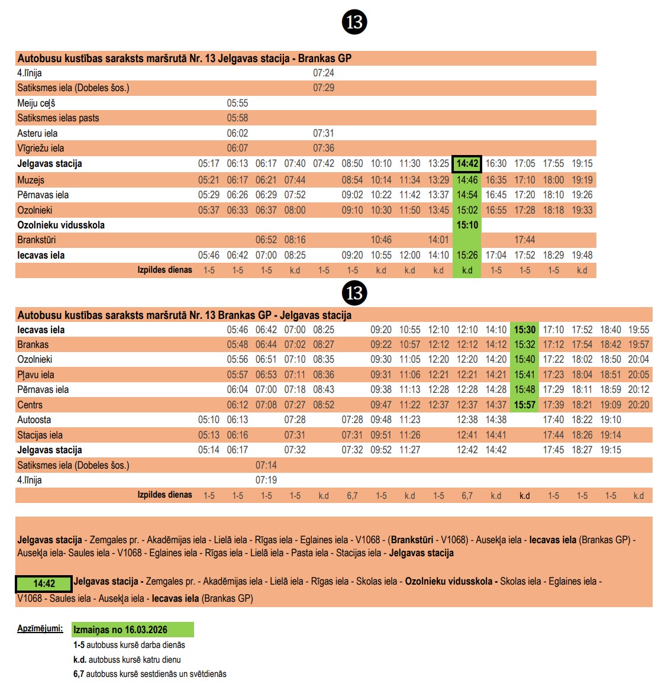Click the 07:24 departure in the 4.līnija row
tap(324, 73)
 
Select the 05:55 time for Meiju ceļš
tap(237, 103)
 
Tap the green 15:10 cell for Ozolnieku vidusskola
tap(467, 225)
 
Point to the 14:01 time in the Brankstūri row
tap(438, 240)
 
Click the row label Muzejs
tap(31, 180)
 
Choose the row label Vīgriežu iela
tap(41, 148)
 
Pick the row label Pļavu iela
tap(36, 375)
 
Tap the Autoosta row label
tap(34, 420)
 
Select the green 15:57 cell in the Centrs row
tap(524, 405)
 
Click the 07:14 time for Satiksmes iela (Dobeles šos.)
tap(266, 465)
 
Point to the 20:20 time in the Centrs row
tap(638, 405)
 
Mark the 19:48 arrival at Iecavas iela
tap(582, 255)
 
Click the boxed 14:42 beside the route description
tap(44, 584)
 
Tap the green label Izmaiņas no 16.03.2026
tap(133, 630)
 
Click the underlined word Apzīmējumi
tap(40, 628)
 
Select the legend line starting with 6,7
tap(150, 673)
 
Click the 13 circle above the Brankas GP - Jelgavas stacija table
tap(354, 293)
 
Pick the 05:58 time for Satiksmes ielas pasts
tap(237, 118)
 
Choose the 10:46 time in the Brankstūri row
tap(381, 240)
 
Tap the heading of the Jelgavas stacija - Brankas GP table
tap(185, 58)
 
